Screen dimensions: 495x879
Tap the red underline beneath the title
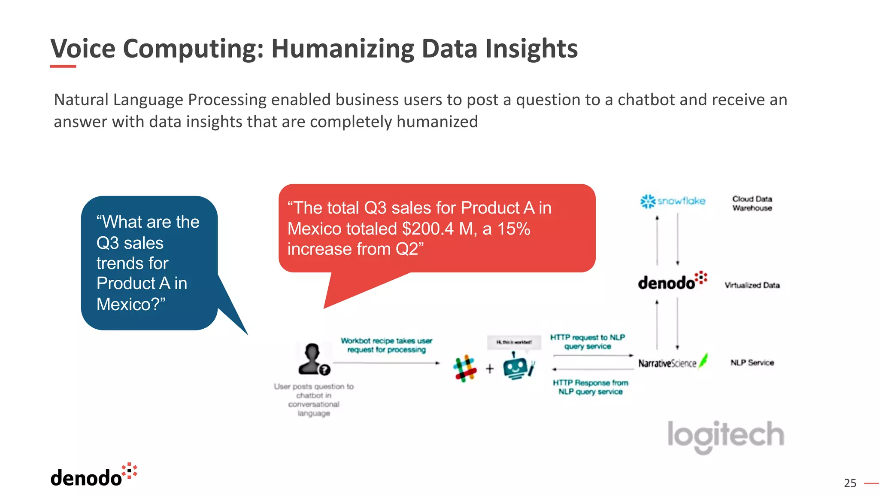(x=63, y=66)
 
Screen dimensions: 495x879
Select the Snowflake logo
(x=673, y=201)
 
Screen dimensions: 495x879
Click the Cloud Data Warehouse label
(x=752, y=203)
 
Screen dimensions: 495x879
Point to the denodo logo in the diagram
(x=672, y=281)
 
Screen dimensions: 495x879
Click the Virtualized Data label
(x=752, y=285)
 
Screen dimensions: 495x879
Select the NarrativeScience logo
(x=672, y=363)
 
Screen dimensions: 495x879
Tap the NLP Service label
(x=752, y=363)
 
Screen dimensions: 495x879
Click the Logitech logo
(x=725, y=435)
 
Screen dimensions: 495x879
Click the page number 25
(x=850, y=483)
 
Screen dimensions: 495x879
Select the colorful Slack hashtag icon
(x=465, y=368)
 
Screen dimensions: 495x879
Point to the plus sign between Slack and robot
(x=490, y=369)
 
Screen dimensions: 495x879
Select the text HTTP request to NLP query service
(x=587, y=342)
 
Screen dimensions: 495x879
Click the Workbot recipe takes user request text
(x=386, y=345)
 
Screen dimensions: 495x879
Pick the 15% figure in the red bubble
(x=514, y=229)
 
